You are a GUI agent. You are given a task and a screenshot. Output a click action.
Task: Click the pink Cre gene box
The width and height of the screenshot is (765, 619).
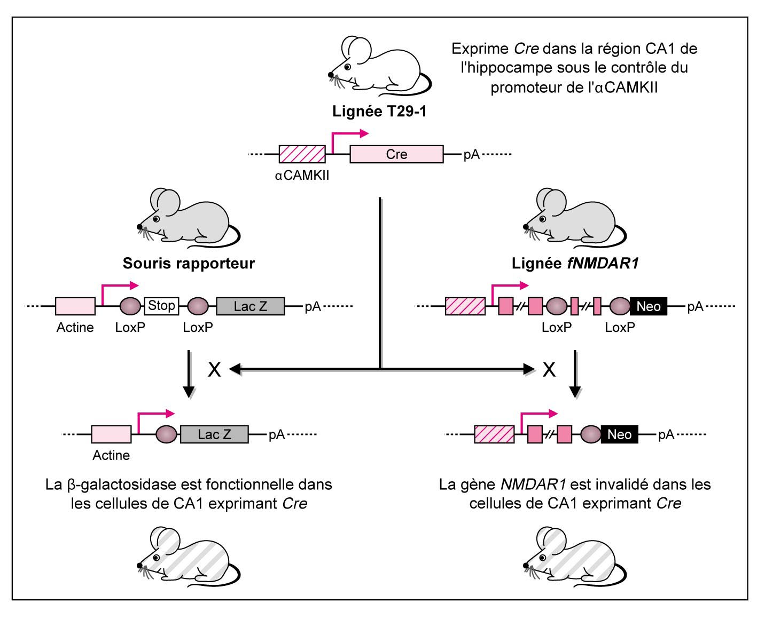(396, 154)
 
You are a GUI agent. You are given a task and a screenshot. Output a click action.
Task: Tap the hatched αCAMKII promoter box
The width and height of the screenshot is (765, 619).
(302, 154)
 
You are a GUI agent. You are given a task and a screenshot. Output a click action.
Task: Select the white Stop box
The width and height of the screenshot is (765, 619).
(161, 306)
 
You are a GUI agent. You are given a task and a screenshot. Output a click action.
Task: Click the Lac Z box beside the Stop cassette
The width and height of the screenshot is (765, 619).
(251, 306)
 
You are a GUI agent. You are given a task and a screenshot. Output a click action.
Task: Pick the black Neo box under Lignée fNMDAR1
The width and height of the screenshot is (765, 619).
(649, 306)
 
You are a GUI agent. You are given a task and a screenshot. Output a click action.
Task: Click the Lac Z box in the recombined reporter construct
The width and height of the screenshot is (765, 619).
(214, 434)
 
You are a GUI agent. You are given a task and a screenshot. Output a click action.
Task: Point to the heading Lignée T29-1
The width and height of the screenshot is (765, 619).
(379, 112)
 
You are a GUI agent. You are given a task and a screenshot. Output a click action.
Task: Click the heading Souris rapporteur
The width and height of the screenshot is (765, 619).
(189, 263)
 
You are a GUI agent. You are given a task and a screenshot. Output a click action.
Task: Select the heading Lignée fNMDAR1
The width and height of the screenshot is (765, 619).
(575, 263)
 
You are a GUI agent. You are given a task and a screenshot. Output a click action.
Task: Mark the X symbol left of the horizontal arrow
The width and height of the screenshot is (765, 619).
(214, 369)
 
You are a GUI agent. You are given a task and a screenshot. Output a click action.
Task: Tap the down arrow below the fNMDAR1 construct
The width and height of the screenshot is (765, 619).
(575, 374)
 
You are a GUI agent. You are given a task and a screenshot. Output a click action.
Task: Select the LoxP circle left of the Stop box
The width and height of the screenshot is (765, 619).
(130, 306)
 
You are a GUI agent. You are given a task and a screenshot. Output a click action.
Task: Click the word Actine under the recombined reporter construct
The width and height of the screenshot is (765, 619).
(111, 455)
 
